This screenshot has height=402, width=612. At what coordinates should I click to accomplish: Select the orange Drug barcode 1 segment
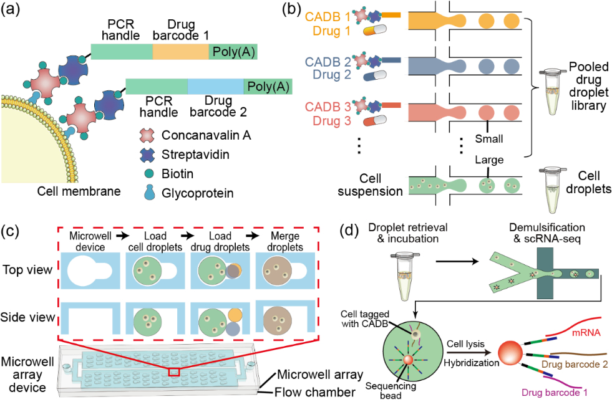click(181, 52)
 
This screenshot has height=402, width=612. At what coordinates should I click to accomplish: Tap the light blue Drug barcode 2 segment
click(215, 87)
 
